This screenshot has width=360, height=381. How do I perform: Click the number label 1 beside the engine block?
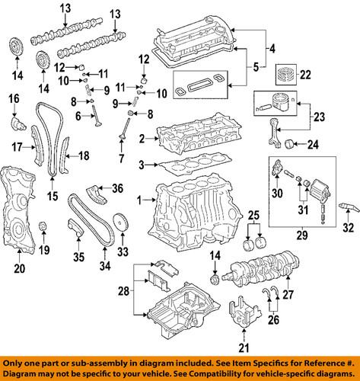[139, 200]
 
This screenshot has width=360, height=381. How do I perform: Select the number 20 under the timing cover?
[19, 267]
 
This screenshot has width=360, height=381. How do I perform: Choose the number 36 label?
[117, 188]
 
